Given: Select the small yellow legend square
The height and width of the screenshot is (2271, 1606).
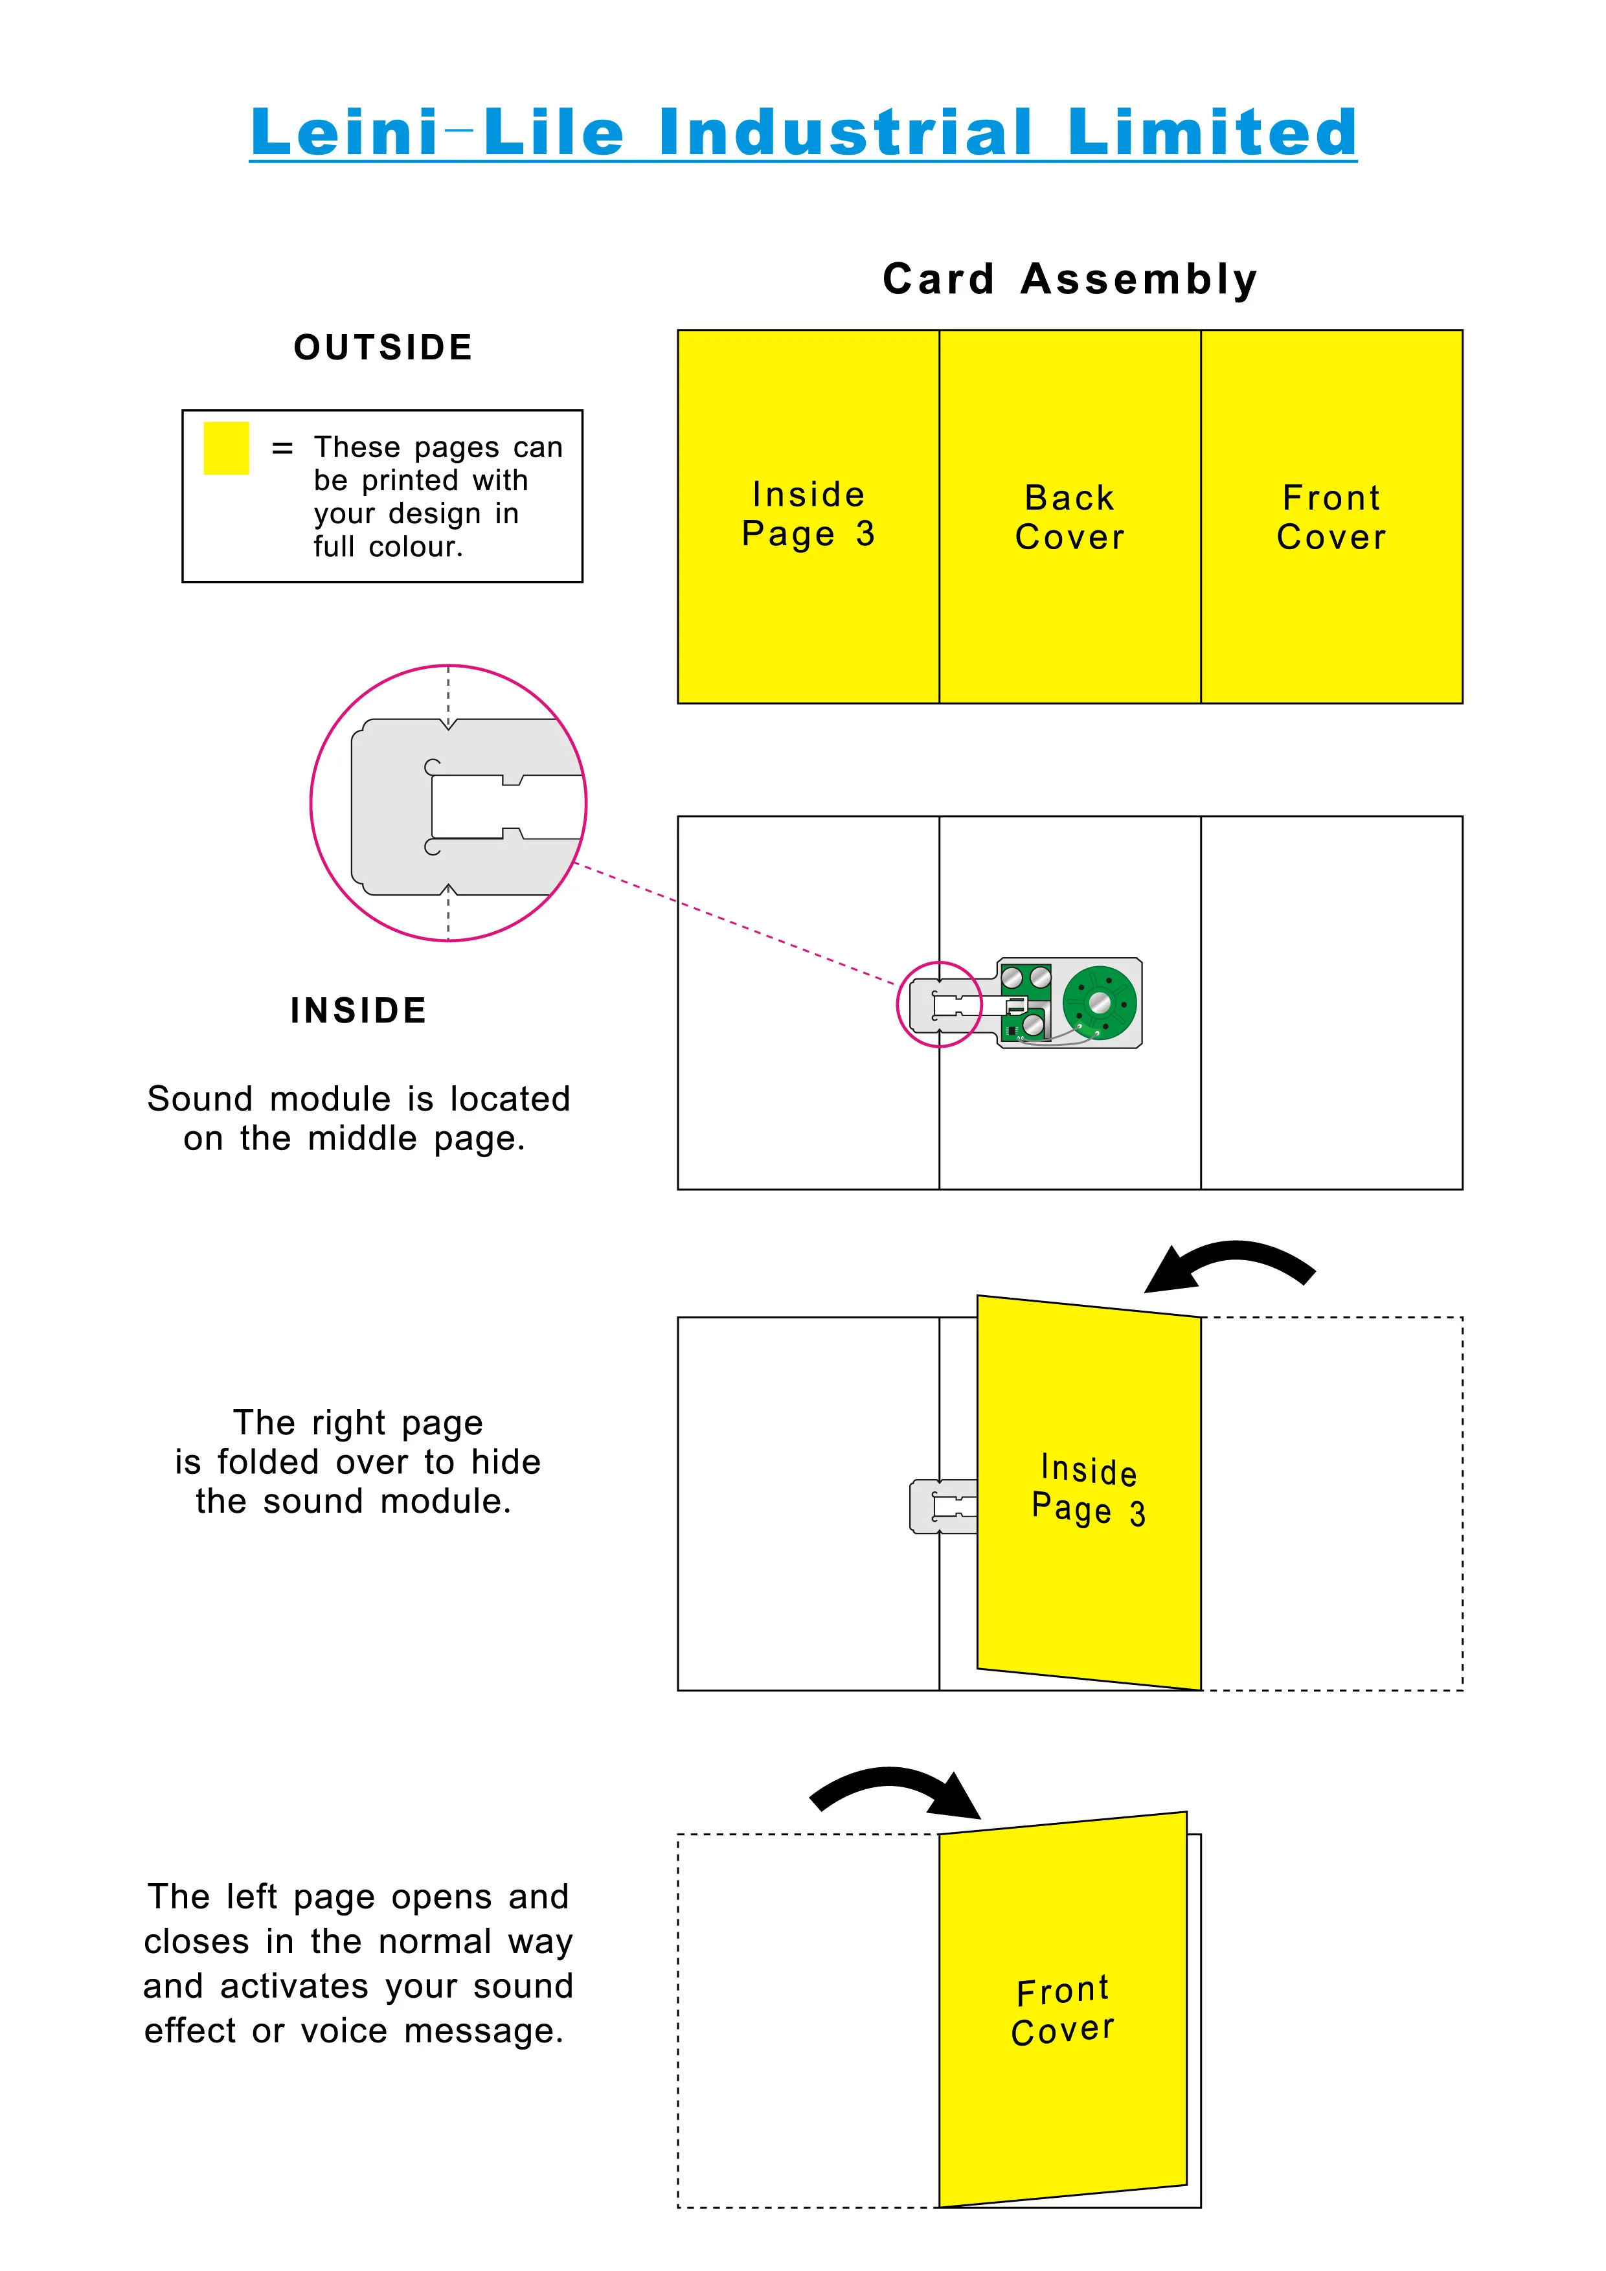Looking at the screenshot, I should [x=225, y=448].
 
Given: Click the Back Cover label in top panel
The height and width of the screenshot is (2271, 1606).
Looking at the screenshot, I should [x=1069, y=516].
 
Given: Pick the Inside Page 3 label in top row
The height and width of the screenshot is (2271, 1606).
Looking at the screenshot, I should [x=808, y=514].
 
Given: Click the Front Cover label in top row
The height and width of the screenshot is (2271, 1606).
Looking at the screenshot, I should [x=1331, y=516].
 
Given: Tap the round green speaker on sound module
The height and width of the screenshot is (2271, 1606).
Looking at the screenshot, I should [x=1099, y=1003].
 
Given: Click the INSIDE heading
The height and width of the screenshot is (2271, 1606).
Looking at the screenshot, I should [x=358, y=1010].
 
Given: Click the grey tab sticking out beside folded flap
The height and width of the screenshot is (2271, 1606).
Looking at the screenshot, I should [x=940, y=1506].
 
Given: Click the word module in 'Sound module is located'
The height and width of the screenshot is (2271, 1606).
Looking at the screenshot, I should [x=330, y=1099].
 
